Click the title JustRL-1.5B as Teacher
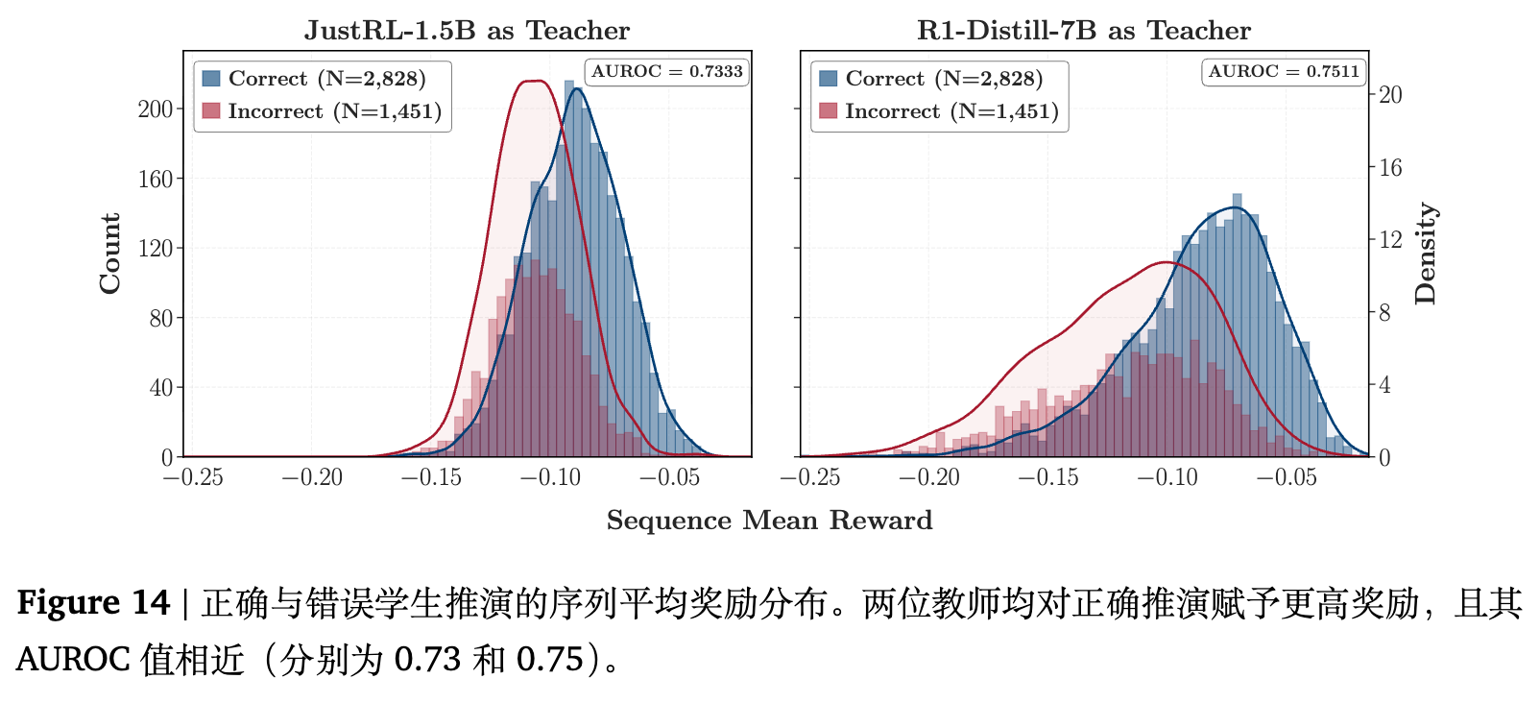(467, 31)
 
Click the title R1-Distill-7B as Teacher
(1084, 31)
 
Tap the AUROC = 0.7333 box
(666, 72)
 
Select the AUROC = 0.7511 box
(1284, 72)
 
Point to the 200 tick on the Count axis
(156, 109)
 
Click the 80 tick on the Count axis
(160, 319)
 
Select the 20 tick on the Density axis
(1390, 95)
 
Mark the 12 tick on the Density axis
(1390, 240)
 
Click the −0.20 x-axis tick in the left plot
(312, 477)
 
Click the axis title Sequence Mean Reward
(769, 521)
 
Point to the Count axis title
(110, 254)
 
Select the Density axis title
(1426, 254)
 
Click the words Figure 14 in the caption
(92, 603)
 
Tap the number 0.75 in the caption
(550, 660)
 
